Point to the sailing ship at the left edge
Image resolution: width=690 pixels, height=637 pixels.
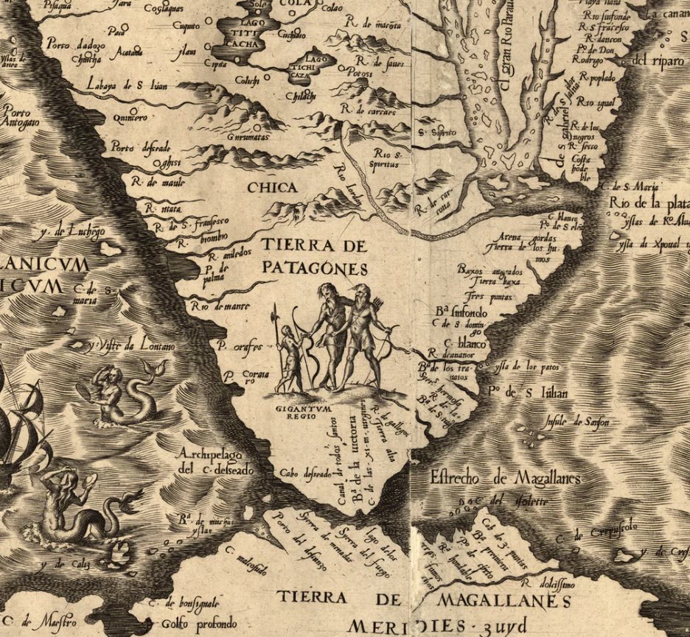[x=18, y=434]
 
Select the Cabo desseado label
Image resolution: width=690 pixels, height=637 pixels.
[x=304, y=474]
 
